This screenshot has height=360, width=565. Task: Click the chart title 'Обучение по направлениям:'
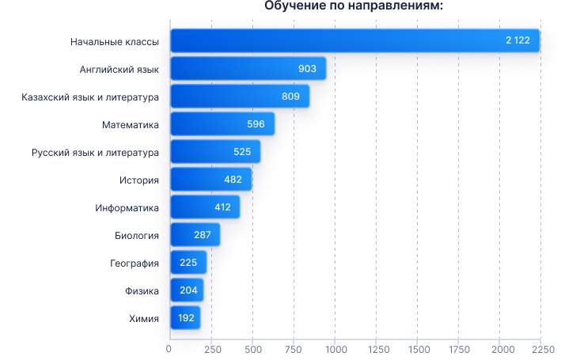coord(354,6)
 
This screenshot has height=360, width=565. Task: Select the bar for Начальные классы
coord(355,40)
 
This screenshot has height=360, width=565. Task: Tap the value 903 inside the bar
coord(307,69)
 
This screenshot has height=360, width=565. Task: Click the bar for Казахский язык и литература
coord(240,97)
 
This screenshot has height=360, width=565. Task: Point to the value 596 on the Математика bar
coord(256,124)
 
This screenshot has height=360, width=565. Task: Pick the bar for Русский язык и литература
coord(215,152)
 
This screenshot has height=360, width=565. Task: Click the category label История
coord(139,180)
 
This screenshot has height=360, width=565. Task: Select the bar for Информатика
coord(205,207)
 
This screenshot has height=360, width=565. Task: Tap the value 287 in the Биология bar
coord(203,235)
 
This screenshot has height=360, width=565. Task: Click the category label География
coord(135,263)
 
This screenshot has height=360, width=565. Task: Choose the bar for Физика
coord(187,290)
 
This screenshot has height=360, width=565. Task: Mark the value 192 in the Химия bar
coord(186,318)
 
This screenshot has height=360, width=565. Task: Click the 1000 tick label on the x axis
coord(336,349)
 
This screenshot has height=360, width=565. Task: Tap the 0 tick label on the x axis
coord(169,349)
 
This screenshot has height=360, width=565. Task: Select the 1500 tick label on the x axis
coord(419,349)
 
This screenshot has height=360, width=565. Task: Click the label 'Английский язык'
coord(119,70)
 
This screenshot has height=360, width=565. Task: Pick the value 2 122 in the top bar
coord(518,40)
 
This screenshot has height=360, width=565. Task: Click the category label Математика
coord(131,125)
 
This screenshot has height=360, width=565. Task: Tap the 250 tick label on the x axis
coord(213,349)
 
